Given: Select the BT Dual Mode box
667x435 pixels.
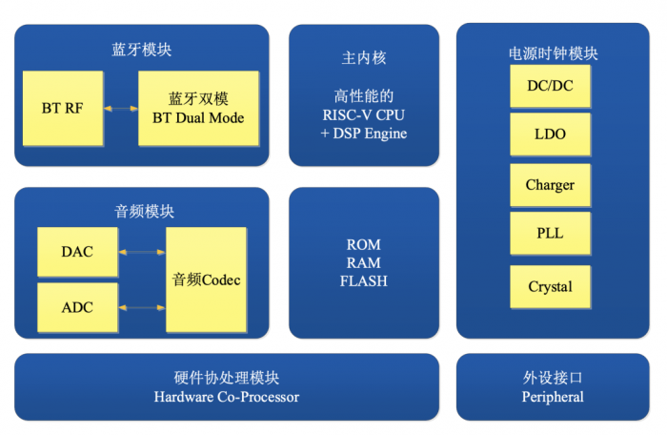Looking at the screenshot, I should coord(198,109).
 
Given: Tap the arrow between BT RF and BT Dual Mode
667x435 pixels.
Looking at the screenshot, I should coord(121,109).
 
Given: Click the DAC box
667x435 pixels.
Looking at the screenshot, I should coord(77,252).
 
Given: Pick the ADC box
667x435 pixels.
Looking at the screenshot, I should coord(77,307).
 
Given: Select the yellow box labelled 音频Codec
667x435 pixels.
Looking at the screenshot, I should coord(206,280).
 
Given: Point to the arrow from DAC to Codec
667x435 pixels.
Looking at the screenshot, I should coord(142,252).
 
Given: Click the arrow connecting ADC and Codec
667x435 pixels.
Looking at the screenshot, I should coord(142,307).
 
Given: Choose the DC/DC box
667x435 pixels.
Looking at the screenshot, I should coord(550,86).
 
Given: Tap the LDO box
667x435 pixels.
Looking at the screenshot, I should coord(550,135).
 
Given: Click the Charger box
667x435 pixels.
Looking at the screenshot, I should coord(550,185).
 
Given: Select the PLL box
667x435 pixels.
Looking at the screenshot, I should coord(550,235).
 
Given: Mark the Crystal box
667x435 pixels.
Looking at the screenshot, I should coord(550,286).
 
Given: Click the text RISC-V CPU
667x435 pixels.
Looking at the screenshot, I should coord(364,115).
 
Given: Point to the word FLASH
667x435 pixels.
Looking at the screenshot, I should coord(364,281).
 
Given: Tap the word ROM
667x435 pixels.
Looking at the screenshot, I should coord(364,245).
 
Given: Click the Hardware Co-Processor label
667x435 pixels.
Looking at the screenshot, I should coord(227,397).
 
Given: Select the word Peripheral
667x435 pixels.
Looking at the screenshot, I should coord(553,397).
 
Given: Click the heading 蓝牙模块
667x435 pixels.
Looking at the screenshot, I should coord(141,49).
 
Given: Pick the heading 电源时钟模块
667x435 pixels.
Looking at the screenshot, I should coord(553,54).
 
